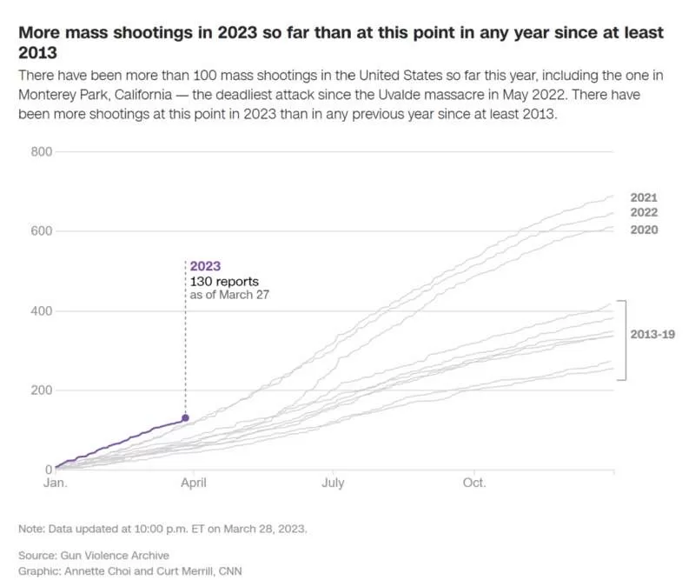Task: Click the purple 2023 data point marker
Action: point(185,417)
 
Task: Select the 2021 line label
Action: point(644,197)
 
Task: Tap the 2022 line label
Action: point(644,212)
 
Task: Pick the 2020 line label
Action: point(644,230)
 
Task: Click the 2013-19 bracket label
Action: point(652,334)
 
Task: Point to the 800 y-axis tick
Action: point(42,152)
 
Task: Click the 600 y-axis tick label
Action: point(42,230)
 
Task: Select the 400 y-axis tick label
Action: point(42,310)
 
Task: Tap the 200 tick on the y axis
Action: point(42,390)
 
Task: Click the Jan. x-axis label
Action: point(56,483)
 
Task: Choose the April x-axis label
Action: point(193,483)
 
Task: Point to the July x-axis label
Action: point(333,483)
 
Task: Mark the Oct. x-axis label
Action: point(474,483)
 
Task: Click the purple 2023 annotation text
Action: point(205,266)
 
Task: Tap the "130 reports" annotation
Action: point(224,282)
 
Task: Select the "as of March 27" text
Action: point(229,295)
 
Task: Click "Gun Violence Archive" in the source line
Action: point(115,555)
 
